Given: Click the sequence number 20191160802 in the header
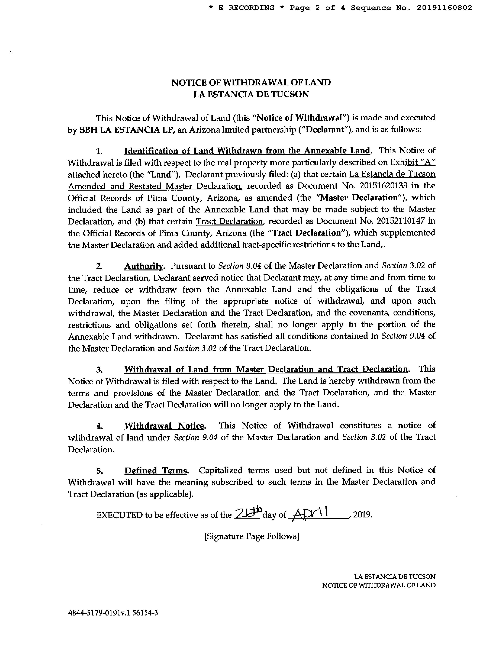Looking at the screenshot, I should click(444, 8).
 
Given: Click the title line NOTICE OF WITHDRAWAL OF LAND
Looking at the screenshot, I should click(251, 83).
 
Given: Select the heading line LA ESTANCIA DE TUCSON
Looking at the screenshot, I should click(251, 94).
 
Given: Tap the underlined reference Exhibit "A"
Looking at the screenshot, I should click(413, 162).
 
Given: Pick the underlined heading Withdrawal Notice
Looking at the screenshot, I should click(165, 426).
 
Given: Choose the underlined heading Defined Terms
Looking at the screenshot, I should click(156, 470).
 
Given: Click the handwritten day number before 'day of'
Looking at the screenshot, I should click(248, 513).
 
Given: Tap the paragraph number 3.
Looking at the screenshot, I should click(100, 370).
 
